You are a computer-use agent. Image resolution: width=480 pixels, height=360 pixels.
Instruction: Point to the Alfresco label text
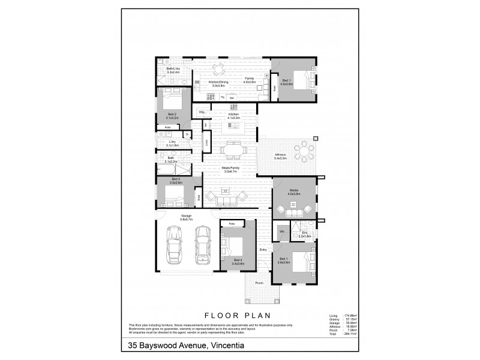280,154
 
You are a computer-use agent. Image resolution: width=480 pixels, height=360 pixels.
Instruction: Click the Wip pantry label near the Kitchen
202,112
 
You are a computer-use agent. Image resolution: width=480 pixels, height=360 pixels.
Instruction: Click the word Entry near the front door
263,249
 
